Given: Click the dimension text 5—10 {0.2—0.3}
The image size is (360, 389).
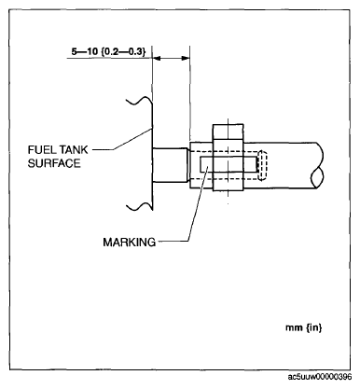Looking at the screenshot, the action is point(108,51).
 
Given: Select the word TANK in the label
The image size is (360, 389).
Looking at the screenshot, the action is point(74,150).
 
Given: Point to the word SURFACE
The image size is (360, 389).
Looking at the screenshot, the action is point(54,163).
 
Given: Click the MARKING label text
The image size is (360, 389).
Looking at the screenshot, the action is point(130,242).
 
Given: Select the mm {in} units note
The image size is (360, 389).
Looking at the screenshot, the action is point(303,327).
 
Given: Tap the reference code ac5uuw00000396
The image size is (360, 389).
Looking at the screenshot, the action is point(320,377).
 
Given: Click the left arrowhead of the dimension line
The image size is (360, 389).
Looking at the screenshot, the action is point(157,58).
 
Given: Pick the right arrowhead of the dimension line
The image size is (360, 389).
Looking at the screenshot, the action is point(186,58).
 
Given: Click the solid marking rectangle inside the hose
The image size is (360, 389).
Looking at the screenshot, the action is point(228,164).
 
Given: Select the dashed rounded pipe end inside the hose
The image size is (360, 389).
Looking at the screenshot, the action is point(263,166).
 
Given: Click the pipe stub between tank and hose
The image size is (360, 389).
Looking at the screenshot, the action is point(171,165).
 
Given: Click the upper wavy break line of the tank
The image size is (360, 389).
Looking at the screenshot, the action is point(139,99).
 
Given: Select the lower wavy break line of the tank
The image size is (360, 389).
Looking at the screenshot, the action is point(139,206).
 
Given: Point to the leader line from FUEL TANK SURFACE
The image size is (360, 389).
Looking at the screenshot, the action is point(122,140).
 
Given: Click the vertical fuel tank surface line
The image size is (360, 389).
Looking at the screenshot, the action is point(152,154).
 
